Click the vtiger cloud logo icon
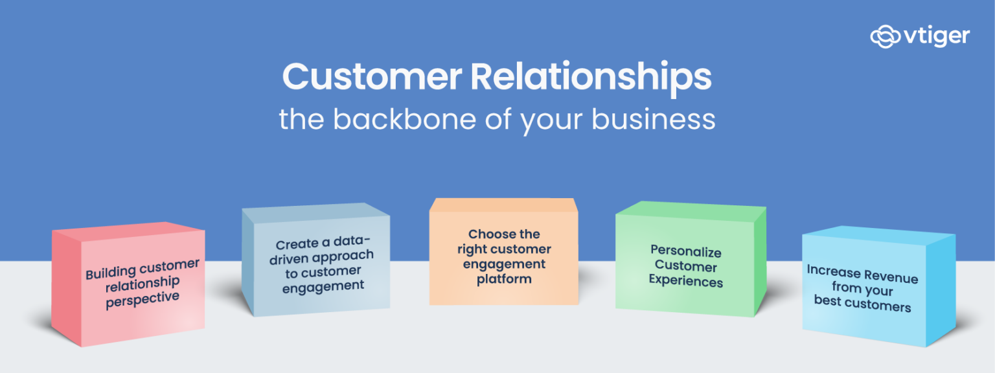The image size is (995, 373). point(885,36)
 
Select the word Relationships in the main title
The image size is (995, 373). point(591,78)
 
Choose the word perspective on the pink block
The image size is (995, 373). point(143,299)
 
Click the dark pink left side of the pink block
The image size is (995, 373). point(66,288)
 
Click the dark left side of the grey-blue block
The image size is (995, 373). point(248,266)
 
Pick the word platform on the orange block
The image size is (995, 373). point(504,279)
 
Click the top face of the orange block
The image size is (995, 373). point(503,205)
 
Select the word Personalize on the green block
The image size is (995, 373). point(686,251)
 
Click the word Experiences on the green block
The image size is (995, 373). point(685,281)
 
